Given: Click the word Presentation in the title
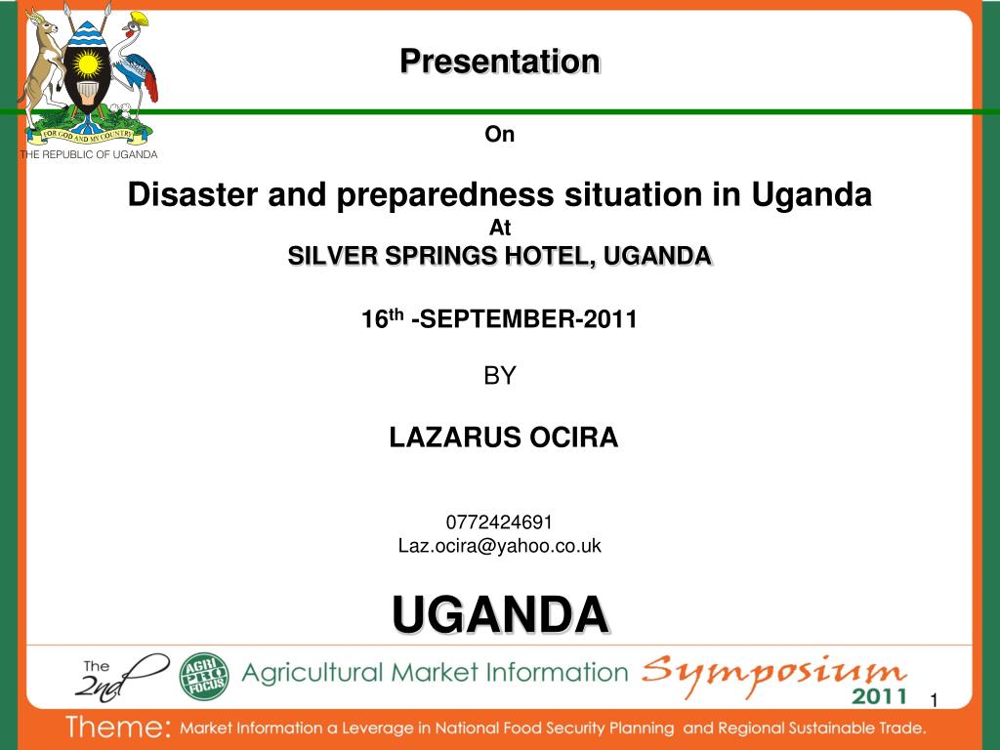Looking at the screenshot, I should (x=499, y=62).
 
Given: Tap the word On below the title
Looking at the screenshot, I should (x=499, y=136).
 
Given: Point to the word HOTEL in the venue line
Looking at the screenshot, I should (x=552, y=256).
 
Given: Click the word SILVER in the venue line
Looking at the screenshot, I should (x=329, y=256).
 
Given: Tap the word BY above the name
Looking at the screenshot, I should (x=499, y=376).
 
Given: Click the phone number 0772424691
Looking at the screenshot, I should (x=499, y=522).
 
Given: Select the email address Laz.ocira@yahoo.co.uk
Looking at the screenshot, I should (x=499, y=546).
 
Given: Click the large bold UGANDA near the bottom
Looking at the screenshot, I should (x=500, y=615).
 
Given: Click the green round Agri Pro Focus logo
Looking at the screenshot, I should (x=203, y=676).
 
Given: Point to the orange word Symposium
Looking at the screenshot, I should (x=773, y=672).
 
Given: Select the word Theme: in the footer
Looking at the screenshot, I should (x=118, y=729).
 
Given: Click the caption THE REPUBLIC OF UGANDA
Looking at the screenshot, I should (x=89, y=154).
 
